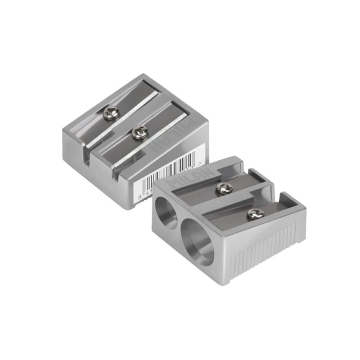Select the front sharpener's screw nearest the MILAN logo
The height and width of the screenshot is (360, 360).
223,187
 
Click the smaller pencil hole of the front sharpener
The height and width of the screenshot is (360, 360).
163,211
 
